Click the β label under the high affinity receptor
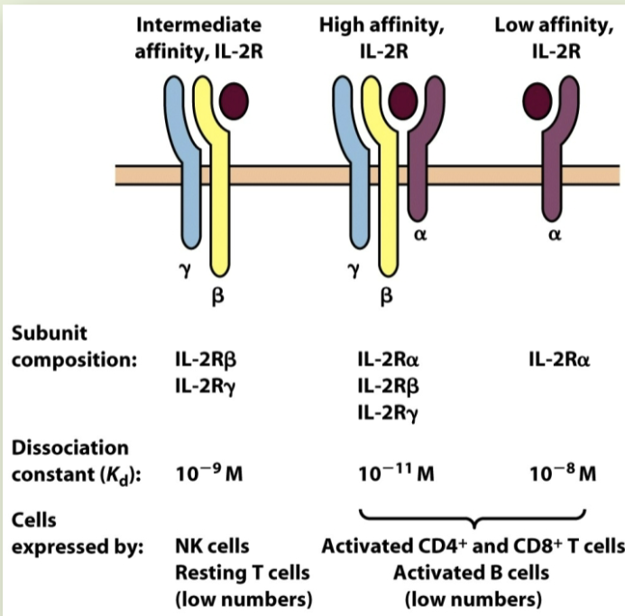tap(386, 294)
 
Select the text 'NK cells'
tap(212, 547)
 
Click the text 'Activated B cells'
tap(473, 573)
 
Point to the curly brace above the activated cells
tap(473, 519)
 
